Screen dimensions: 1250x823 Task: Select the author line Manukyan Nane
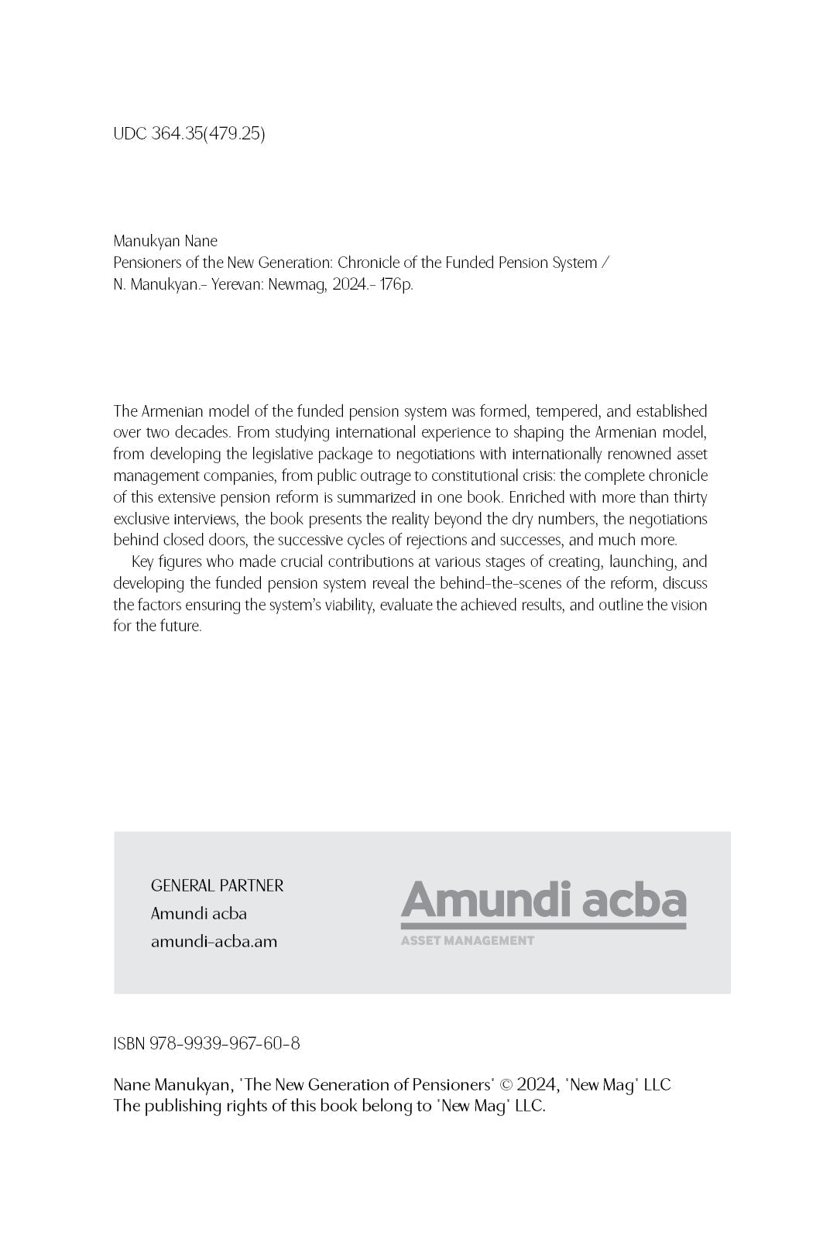pos(165,241)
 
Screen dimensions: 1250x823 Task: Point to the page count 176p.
pos(396,284)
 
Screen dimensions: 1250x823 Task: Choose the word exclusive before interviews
pos(141,518)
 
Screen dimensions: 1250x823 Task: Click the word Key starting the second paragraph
pos(143,561)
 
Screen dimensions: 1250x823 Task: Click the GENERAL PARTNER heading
pos(217,885)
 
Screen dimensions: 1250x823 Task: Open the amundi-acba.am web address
pos(214,942)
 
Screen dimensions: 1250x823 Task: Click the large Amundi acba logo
pos(543,901)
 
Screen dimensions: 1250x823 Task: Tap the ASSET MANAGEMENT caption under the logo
pos(467,941)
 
